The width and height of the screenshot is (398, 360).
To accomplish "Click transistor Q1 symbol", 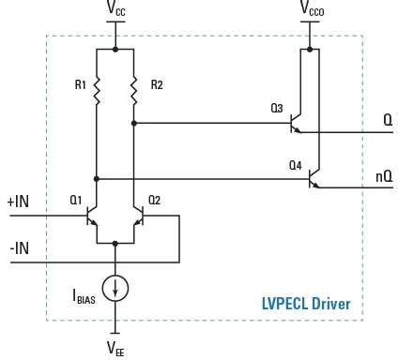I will [x=92, y=217].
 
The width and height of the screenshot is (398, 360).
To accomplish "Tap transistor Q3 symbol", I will [x=298, y=123].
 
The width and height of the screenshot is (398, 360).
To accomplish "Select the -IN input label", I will [x=19, y=247].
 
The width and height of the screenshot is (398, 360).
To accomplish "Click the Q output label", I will [x=387, y=121].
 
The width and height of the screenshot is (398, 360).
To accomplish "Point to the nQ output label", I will [x=383, y=175].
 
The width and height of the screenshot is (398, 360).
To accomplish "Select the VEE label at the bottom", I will [x=115, y=347].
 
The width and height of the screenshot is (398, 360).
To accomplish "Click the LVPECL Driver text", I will [x=305, y=304].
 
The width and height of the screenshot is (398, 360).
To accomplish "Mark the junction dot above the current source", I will [x=115, y=243].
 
